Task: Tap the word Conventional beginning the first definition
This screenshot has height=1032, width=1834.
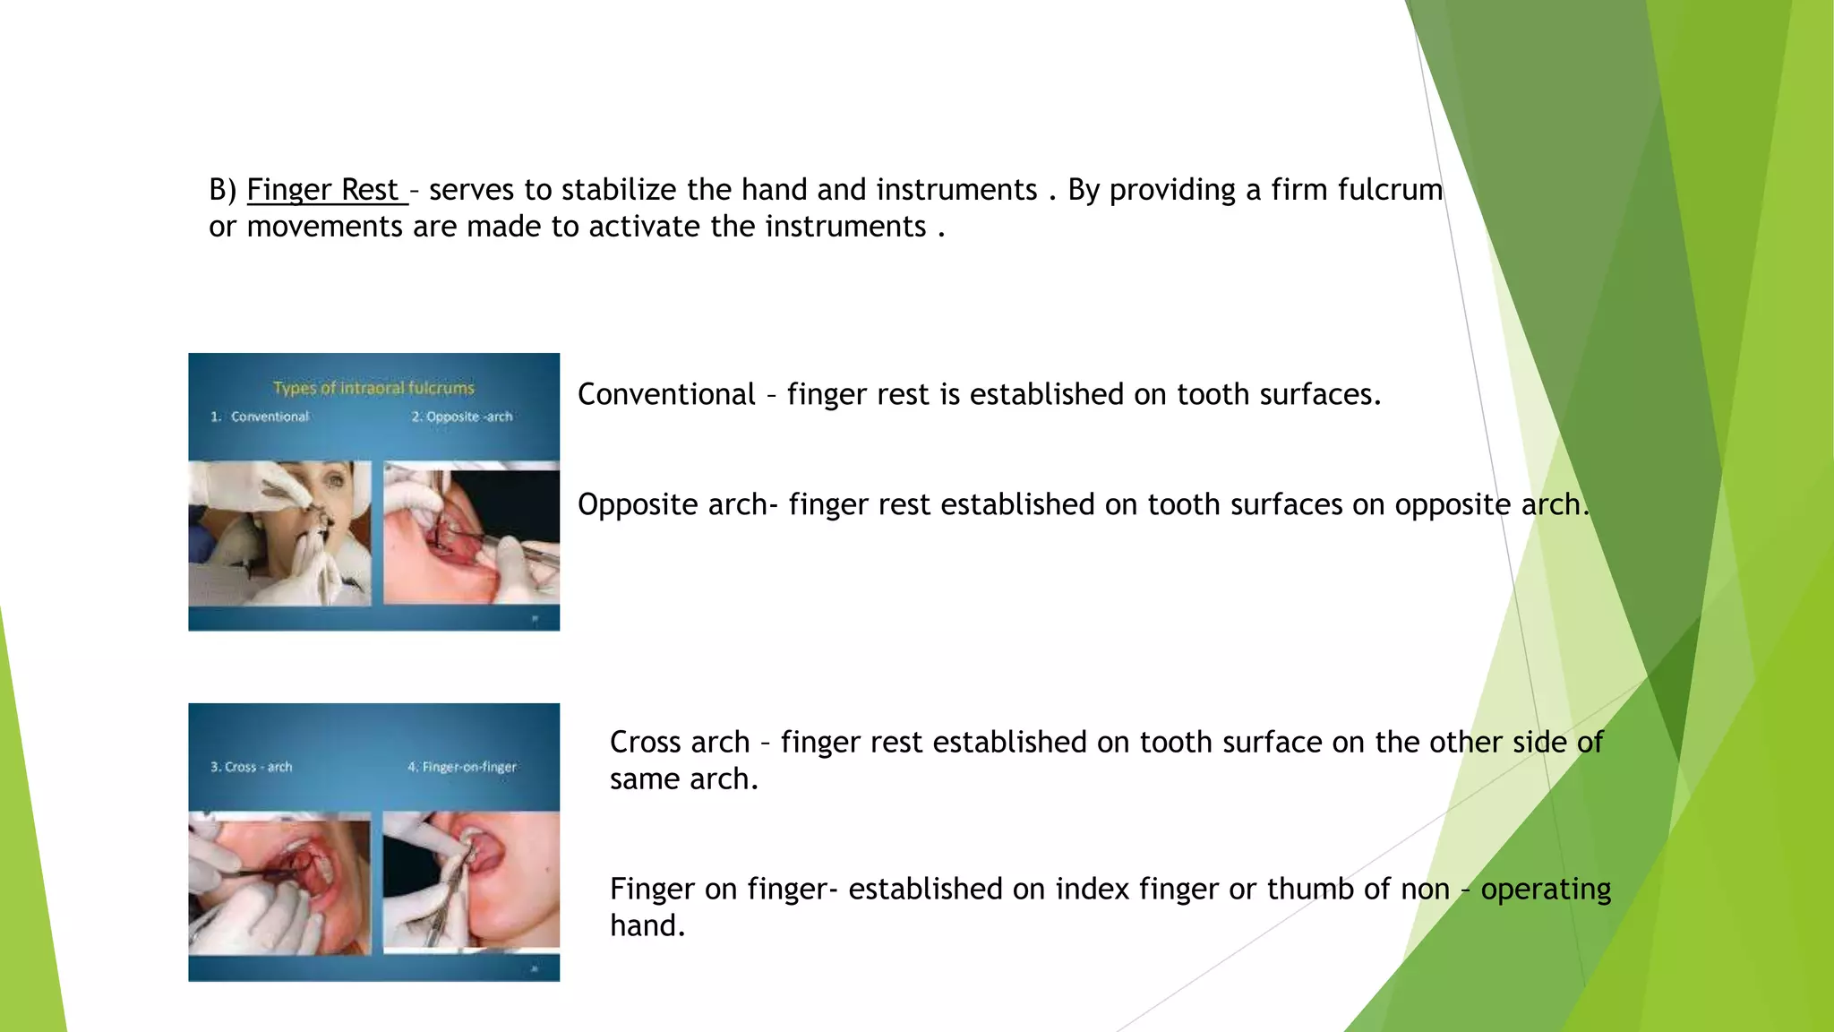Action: pos(666,394)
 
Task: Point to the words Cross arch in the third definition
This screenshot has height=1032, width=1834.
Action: pos(680,743)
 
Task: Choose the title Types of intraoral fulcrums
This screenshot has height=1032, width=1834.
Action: pos(373,388)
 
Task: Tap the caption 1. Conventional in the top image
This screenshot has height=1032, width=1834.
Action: pos(260,417)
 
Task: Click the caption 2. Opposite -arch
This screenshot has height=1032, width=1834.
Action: pos(462,417)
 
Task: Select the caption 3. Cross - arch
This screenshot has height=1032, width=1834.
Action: pos(251,767)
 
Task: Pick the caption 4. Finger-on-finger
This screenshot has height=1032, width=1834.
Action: pos(462,767)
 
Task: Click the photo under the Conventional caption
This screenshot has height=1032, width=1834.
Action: pos(279,534)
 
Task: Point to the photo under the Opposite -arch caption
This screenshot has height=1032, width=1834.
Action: pos(471,534)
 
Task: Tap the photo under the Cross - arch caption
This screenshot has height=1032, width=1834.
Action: pos(279,883)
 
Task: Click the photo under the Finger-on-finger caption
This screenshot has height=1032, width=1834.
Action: pos(471,880)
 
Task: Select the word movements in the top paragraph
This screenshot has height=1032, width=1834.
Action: pos(324,227)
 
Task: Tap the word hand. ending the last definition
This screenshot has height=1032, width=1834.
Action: pos(647,925)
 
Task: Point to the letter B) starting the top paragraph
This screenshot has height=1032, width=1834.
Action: pos(222,190)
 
